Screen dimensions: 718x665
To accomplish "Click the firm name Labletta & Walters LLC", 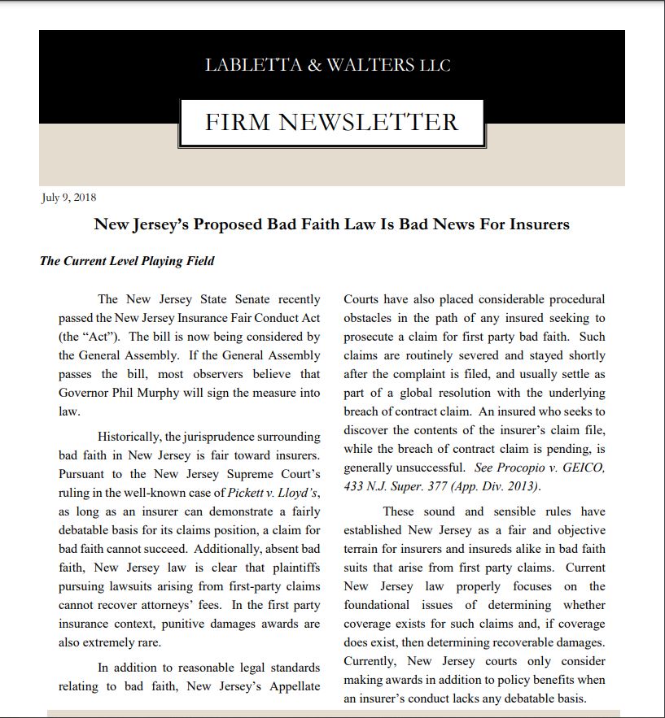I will pos(327,65).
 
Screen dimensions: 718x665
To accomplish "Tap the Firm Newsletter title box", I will pos(331,123).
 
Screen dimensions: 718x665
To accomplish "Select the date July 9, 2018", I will pos(69,197).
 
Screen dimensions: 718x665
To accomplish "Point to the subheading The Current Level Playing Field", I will pos(127,261).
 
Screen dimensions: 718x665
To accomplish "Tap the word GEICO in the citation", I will pos(584,468).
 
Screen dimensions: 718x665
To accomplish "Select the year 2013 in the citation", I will pos(518,486).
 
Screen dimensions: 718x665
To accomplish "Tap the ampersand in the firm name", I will pos(314,65).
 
